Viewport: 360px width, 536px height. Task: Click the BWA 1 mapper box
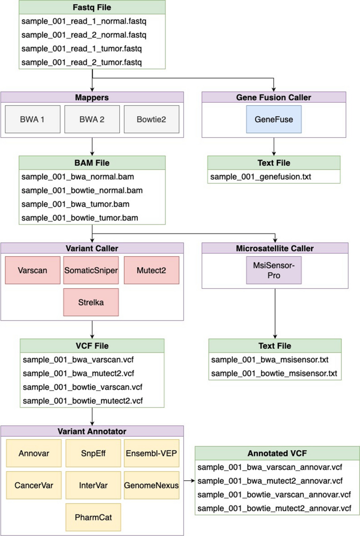point(33,119)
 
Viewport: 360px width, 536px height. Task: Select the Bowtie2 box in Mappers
point(151,119)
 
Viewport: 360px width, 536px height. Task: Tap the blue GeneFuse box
point(274,119)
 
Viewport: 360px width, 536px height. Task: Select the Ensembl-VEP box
point(152,453)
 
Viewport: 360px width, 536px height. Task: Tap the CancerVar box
point(33,485)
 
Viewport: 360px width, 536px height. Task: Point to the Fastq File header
point(92,7)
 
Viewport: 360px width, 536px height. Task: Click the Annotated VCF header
point(277,453)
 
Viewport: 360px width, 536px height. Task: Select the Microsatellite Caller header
point(275,248)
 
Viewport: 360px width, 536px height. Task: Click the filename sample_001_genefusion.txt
point(261,176)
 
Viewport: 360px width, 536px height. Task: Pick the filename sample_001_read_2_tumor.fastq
point(81,62)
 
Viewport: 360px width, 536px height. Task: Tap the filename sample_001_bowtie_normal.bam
point(82,190)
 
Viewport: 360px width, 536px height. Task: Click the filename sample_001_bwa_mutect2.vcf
point(79,373)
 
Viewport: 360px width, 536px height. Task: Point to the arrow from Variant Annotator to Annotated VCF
point(188,480)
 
